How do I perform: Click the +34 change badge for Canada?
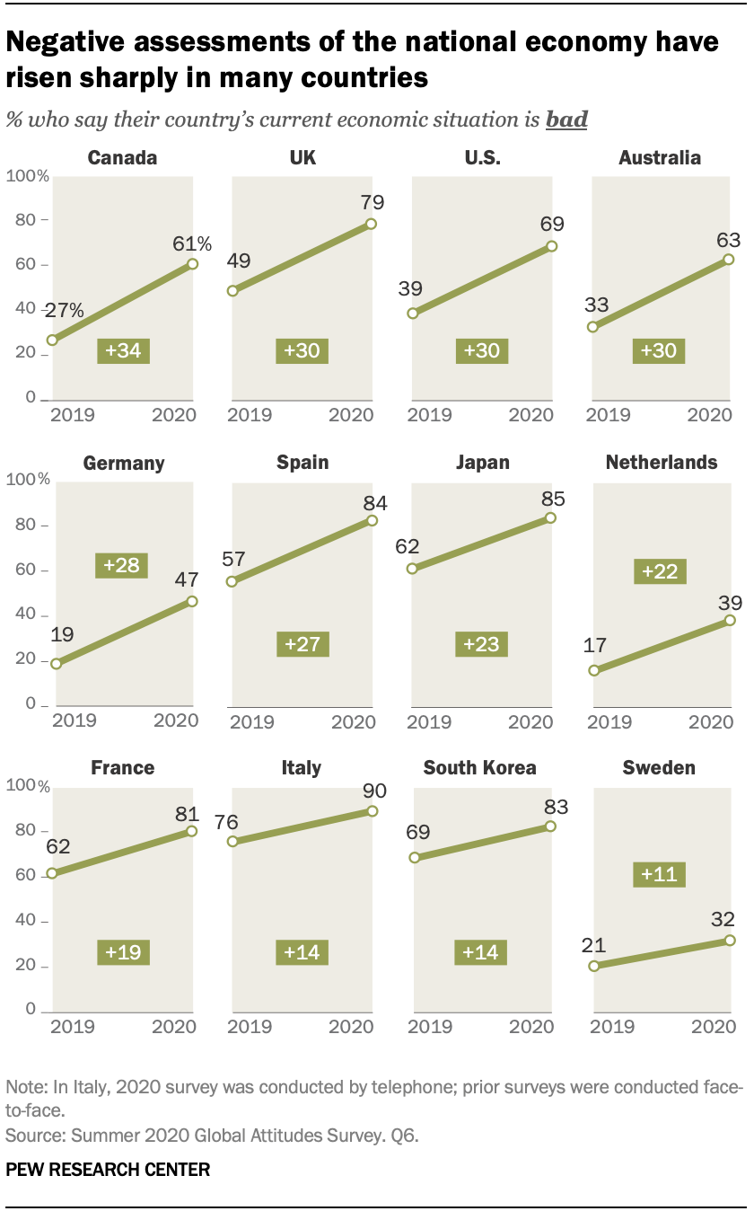124,350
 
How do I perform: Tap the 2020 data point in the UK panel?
371,224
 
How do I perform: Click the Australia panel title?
660,158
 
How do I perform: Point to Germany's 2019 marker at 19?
56,664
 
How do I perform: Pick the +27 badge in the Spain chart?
303,644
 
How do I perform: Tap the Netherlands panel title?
662,463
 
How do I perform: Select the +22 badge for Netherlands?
660,571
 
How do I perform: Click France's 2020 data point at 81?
191,831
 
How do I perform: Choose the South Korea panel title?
480,768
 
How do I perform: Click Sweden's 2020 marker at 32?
730,941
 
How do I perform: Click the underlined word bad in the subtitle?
566,119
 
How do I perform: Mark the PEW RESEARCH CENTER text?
108,1170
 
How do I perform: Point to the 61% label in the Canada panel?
193,243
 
